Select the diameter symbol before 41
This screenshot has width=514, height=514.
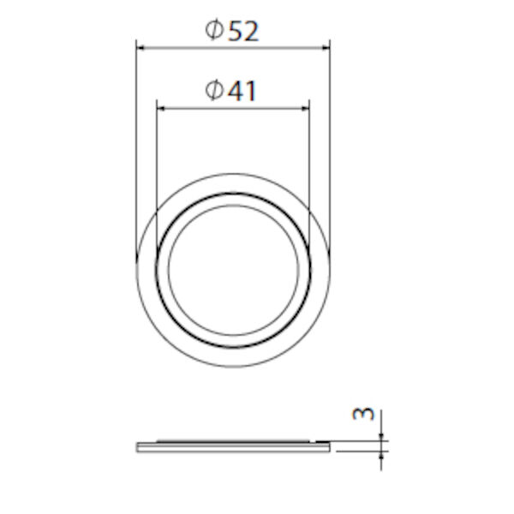click(x=215, y=91)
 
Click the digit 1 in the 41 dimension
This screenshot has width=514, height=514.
click(x=249, y=91)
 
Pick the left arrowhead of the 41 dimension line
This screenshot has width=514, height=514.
click(x=159, y=107)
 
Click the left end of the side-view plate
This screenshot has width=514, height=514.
click(x=138, y=446)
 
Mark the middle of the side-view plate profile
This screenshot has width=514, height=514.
click(x=233, y=445)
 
